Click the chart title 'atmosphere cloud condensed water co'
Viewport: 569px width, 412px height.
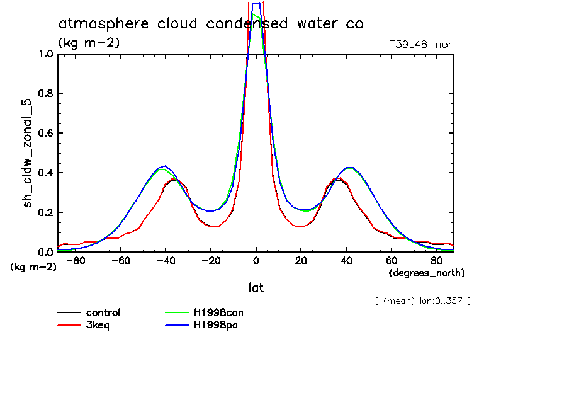click(211, 24)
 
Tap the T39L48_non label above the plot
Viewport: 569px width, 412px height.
click(422, 44)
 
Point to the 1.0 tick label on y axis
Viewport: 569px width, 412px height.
click(46, 54)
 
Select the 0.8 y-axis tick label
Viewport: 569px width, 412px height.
click(46, 94)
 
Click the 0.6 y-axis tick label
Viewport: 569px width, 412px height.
click(46, 133)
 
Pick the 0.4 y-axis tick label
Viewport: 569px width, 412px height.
click(46, 173)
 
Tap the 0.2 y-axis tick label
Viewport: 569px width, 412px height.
click(46, 212)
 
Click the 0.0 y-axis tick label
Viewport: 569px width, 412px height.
click(46, 252)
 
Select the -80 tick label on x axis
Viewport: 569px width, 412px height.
click(75, 260)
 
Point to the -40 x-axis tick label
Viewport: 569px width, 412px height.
click(166, 260)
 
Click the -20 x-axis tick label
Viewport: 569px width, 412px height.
click(211, 260)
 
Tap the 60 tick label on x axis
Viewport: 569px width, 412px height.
click(392, 260)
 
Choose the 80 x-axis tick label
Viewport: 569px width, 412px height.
click(437, 260)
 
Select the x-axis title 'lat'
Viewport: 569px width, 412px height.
click(256, 288)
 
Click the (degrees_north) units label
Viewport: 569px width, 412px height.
click(427, 273)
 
